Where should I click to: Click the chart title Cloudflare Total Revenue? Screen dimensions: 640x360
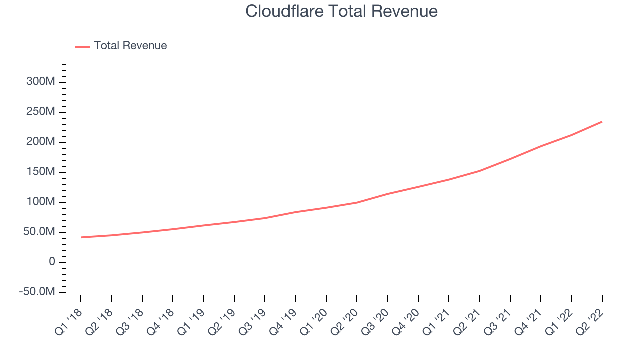[x=341, y=11]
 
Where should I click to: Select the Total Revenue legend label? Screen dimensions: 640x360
[x=130, y=45]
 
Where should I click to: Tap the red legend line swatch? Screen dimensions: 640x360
[x=83, y=47]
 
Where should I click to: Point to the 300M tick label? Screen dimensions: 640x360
[x=41, y=81]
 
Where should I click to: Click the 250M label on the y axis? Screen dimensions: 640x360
[x=41, y=111]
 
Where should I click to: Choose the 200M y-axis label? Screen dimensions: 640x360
[x=41, y=141]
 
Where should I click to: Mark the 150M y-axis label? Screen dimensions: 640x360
[x=41, y=171]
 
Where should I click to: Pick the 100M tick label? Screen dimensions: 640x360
[x=41, y=201]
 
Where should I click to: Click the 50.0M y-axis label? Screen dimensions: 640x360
[x=39, y=231]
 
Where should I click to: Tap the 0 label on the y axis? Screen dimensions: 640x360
[x=52, y=261]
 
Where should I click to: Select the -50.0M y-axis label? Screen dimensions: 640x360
[x=37, y=292]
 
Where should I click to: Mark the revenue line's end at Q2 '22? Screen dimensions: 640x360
[x=602, y=122]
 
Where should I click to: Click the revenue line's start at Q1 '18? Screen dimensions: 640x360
[x=81, y=237]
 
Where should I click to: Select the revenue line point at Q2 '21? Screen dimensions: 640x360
[x=479, y=171]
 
